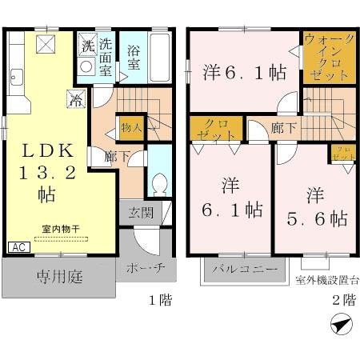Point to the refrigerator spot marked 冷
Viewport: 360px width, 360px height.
[x=74, y=102]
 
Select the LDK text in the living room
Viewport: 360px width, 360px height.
[x=46, y=150]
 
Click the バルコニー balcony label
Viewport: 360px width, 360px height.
[x=245, y=269]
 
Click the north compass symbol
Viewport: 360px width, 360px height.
[x=338, y=326]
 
